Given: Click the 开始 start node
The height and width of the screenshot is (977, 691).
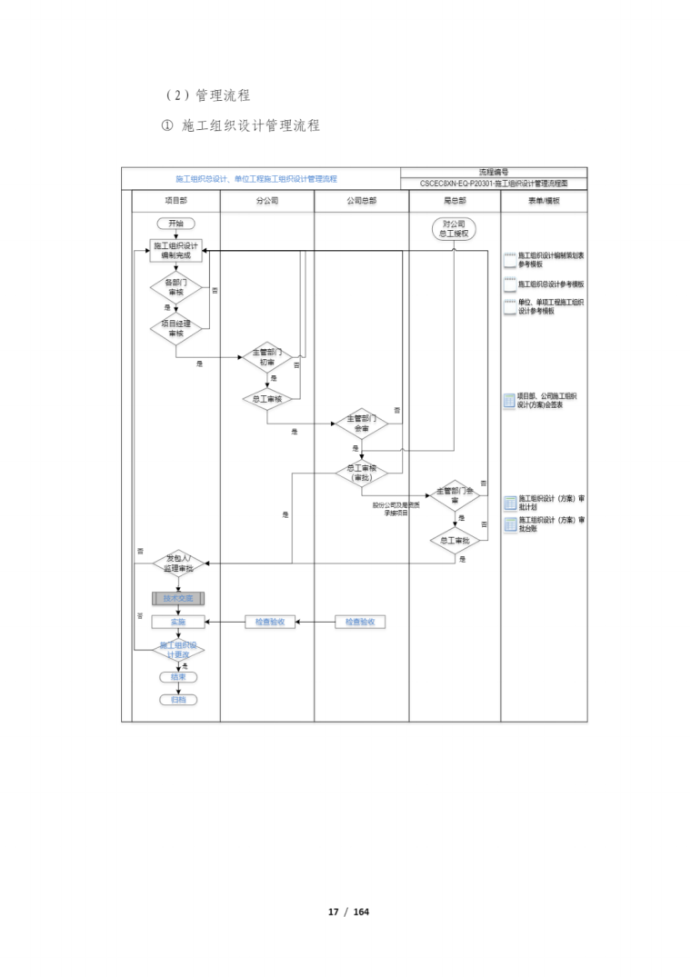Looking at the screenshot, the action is pos(175,224).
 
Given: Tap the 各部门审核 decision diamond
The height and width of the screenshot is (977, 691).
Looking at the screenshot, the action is pos(175,288).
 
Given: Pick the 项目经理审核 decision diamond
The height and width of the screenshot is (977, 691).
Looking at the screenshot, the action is pos(175,328).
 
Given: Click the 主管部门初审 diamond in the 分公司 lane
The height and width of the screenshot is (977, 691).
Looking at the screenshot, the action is pos(267,357).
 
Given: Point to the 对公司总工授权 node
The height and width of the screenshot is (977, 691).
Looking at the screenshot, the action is pos(454,228).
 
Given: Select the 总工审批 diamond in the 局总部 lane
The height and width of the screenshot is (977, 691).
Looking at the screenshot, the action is pos(454,541).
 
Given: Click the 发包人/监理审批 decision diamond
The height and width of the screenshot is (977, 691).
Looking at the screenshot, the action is pos(178,563).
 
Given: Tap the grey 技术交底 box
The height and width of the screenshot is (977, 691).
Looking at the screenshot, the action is pos(178,598).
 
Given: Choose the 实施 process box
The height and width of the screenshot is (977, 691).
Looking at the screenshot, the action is pos(178,623).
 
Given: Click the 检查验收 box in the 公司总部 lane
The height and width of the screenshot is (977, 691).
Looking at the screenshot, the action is pos(360,623).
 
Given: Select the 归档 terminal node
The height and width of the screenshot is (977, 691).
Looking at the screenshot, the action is pos(178,700).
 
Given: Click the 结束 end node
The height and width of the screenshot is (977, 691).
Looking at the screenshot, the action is pos(178,677).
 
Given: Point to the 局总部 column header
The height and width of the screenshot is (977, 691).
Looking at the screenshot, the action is pos(454,201).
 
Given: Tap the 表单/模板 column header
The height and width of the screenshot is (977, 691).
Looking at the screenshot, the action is pos(544,201).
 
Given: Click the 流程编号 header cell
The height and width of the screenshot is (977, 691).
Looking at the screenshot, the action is pos(494,172).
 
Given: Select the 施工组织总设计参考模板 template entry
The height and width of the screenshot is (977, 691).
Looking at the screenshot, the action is pos(551,284).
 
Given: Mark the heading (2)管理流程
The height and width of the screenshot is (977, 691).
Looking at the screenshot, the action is pos(207,95).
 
